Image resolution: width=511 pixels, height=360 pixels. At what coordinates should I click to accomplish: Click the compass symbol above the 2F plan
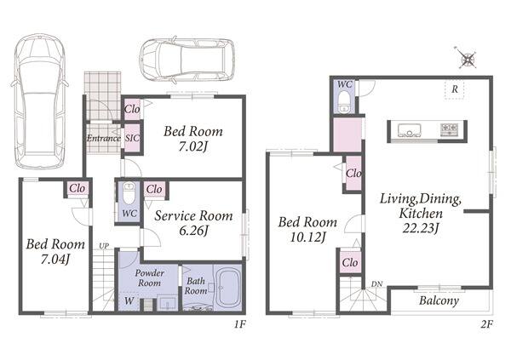(x=467, y=59)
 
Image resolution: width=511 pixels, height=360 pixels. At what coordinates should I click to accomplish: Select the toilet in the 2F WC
(x=344, y=101)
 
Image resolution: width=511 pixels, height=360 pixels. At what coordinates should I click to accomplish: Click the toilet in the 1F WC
(x=129, y=192)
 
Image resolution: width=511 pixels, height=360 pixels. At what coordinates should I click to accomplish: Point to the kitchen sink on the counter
(x=409, y=130)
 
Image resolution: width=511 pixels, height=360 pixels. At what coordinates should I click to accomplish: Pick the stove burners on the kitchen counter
(x=450, y=129)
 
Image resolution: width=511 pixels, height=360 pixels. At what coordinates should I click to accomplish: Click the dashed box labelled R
(x=454, y=89)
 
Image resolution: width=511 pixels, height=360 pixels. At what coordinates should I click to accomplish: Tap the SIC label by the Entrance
(x=132, y=138)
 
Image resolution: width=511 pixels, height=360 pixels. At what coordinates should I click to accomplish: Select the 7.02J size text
(x=193, y=147)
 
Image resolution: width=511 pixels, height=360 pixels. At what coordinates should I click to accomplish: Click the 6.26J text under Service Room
(x=193, y=231)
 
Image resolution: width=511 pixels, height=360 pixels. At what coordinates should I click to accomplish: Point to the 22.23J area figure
(x=420, y=228)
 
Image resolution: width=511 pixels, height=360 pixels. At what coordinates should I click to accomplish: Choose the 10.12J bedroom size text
(x=307, y=237)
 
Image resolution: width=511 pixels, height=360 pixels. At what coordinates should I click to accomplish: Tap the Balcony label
(x=439, y=300)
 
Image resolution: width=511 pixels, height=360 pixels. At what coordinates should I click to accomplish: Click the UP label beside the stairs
(x=104, y=246)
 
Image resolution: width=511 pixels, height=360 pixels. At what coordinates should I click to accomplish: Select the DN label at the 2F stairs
(x=376, y=284)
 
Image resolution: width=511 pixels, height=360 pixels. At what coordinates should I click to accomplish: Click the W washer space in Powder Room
(x=129, y=300)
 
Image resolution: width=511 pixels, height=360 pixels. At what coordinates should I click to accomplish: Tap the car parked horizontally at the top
(x=187, y=60)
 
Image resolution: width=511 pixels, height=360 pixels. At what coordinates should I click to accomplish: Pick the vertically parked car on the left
(x=39, y=101)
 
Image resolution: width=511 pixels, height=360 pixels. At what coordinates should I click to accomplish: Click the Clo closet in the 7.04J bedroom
(x=77, y=188)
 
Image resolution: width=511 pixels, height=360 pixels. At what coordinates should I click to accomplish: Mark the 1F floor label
(x=239, y=324)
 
